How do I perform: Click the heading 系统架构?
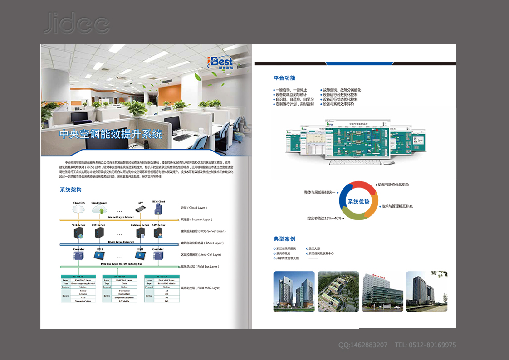[x=70, y=190]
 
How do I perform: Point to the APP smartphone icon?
[x=141, y=209]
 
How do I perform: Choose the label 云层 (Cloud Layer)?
[x=194, y=208]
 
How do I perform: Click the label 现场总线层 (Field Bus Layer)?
[x=200, y=267]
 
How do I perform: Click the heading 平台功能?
[x=284, y=78]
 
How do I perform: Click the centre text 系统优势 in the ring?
[x=358, y=201]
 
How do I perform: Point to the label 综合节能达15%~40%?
[x=324, y=219]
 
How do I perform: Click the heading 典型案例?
[x=284, y=239]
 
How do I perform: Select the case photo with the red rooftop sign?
[x=382, y=292]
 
